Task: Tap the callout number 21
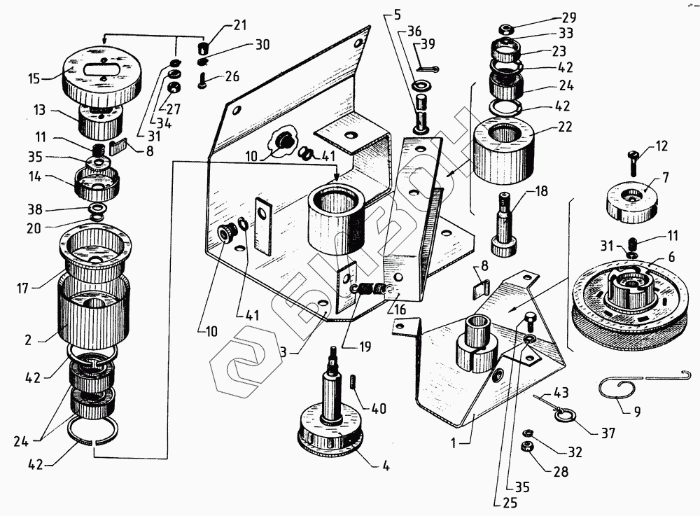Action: coord(240,26)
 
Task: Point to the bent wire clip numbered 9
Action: coord(619,386)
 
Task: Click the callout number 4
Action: coord(386,466)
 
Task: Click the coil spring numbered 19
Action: coord(370,288)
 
